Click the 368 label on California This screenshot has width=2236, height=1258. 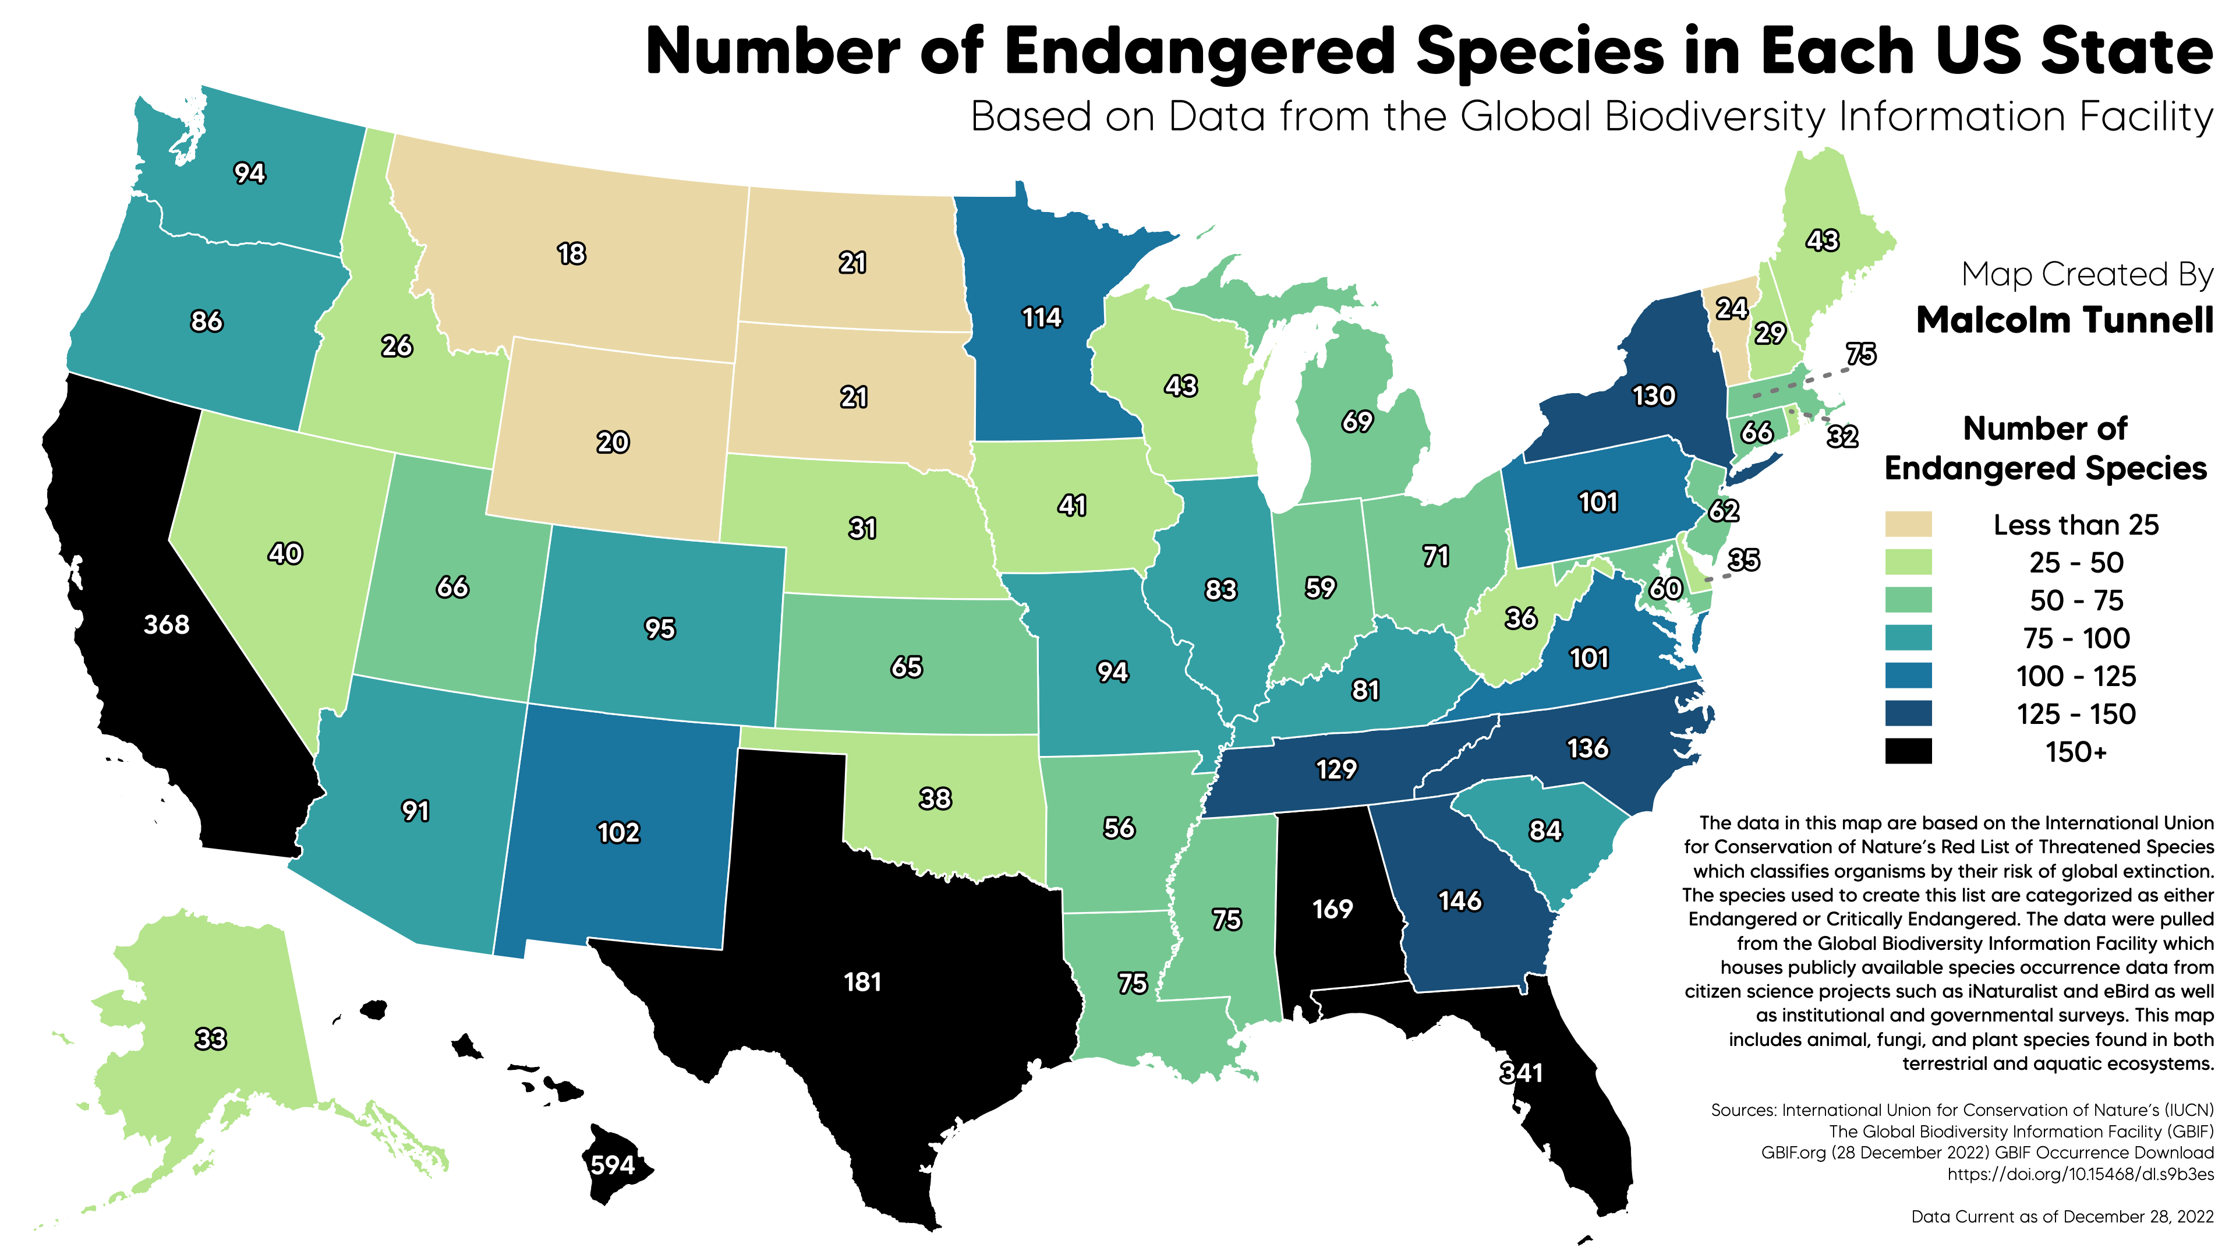click(x=167, y=624)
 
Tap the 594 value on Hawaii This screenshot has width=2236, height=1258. click(x=613, y=1164)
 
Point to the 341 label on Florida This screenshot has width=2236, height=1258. click(x=1522, y=1073)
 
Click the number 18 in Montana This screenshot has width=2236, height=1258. click(x=571, y=253)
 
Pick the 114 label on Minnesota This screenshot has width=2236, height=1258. click(x=1042, y=318)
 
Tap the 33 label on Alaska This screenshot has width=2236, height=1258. click(x=210, y=1038)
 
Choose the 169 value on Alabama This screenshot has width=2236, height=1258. click(x=1332, y=909)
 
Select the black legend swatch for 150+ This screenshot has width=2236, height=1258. click(x=1908, y=751)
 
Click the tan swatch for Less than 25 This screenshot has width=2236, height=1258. click(x=1908, y=524)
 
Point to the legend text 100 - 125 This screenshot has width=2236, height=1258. click(x=2076, y=676)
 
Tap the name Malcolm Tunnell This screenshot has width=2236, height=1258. click(x=2065, y=320)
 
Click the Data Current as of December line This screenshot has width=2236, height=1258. click(x=2062, y=1216)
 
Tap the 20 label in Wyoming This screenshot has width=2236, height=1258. click(x=612, y=442)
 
